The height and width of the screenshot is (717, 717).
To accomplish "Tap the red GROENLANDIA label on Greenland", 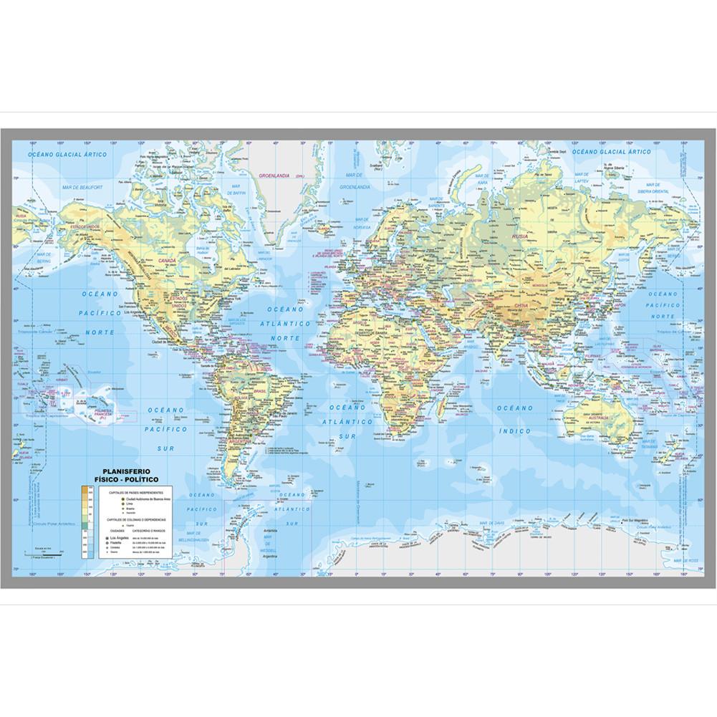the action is coord(276,175).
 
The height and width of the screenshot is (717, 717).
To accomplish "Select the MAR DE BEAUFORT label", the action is coord(83,187).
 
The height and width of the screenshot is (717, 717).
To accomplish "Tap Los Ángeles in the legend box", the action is coord(119,536).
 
